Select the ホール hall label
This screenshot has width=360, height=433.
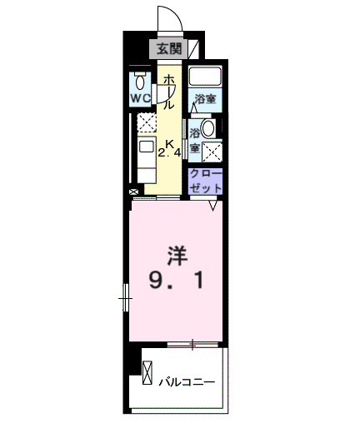tap(167, 92)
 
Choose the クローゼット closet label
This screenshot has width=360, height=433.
tap(205, 182)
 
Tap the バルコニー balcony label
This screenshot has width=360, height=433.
tap(187, 383)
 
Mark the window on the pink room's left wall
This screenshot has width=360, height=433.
tap(126, 295)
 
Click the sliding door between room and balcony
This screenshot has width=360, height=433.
tap(193, 343)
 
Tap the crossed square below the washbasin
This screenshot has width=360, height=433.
tap(212, 152)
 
